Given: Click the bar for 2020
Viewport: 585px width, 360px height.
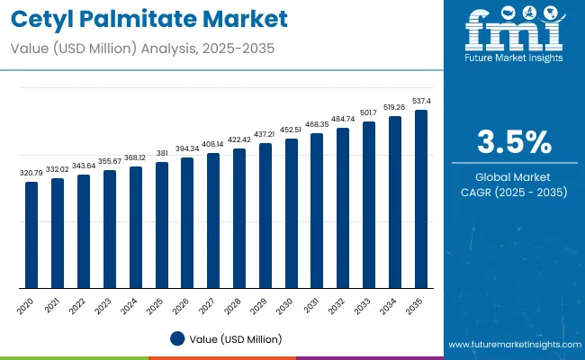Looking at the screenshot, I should pyautogui.click(x=31, y=235).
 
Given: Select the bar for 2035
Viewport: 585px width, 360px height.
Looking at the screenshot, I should pyautogui.click(x=421, y=199).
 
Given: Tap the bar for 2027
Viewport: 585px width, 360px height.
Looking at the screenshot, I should pyautogui.click(x=213, y=220).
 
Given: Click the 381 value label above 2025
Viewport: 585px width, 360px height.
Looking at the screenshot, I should pyautogui.click(x=161, y=153).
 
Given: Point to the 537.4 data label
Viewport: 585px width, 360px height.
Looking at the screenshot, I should pyautogui.click(x=421, y=102).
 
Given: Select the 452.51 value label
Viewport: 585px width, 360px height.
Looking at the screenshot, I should pyautogui.click(x=291, y=129).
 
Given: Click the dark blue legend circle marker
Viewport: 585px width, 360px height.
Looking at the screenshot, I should pyautogui.click(x=177, y=338).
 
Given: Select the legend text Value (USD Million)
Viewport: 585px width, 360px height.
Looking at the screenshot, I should pyautogui.click(x=235, y=339).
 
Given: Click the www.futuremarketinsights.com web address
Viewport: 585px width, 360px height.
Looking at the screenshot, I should pyautogui.click(x=512, y=345).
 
